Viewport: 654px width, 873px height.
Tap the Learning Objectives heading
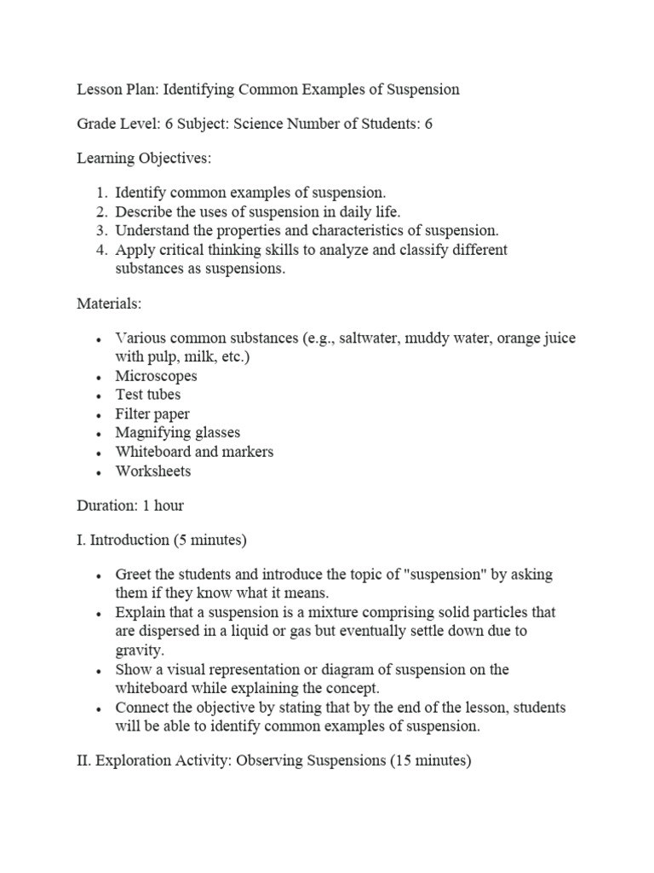[x=133, y=158]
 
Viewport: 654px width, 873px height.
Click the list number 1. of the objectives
[x=100, y=193]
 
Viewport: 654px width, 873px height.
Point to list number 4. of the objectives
[x=100, y=250]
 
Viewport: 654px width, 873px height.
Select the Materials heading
[x=109, y=304]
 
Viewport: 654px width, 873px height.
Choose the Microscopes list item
[x=156, y=376]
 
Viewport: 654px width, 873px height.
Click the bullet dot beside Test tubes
[x=100, y=396]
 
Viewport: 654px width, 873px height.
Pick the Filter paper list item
[x=152, y=414]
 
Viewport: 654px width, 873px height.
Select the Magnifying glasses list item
[x=178, y=433]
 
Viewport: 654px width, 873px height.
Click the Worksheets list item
[x=153, y=471]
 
